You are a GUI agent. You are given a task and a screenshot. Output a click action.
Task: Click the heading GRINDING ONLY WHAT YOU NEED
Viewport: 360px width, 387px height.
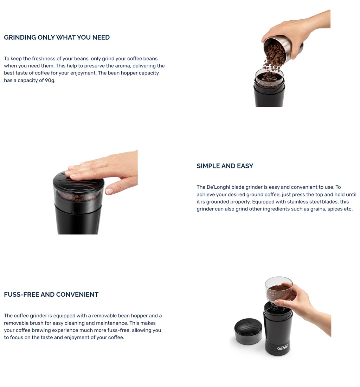coord(57,38)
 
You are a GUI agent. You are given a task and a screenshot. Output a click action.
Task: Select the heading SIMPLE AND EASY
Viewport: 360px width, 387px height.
coord(225,166)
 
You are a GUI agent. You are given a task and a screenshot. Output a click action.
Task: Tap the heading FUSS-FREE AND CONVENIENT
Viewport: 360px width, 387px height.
coord(51,295)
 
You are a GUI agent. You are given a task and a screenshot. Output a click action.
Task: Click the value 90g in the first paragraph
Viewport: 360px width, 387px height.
coord(50,80)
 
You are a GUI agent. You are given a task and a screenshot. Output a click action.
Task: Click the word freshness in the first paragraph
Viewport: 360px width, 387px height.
coord(46,59)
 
